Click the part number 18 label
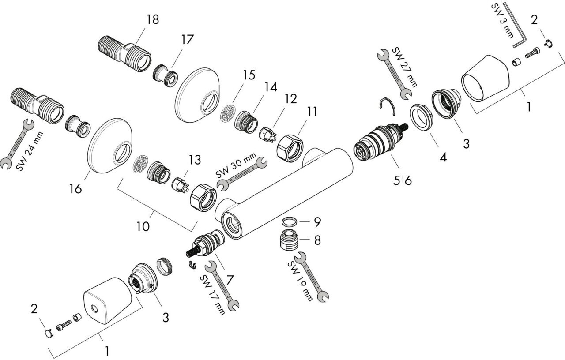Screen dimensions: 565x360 point(152,19)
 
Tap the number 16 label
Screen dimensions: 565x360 point(75,188)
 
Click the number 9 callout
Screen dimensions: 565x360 point(317,222)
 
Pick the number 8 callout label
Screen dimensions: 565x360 point(317,240)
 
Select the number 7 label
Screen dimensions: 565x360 point(229,280)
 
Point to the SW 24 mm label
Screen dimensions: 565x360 point(30,151)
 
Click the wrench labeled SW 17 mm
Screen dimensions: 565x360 point(222,285)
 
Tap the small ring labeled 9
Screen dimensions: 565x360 point(289,222)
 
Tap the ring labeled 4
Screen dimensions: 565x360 point(421,117)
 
